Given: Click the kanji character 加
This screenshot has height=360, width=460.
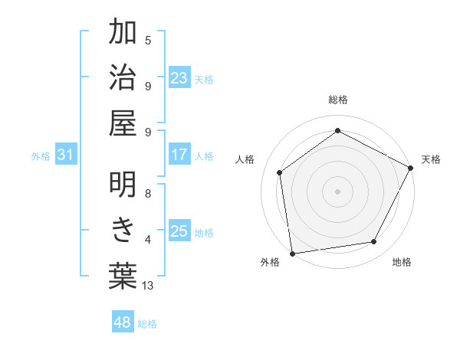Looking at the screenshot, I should point(123,33).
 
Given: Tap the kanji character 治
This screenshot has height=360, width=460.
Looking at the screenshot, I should point(123,79).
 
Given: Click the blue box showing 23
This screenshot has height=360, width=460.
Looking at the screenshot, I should point(179,78).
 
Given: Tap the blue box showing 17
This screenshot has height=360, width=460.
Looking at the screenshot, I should point(179,155).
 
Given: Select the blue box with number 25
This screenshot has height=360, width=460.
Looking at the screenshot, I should point(179,231).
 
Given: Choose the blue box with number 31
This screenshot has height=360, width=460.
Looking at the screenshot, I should point(66,155).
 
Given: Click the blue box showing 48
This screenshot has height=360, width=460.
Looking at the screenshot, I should point(123,322).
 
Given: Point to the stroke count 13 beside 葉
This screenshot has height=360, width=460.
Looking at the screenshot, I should point(148,286).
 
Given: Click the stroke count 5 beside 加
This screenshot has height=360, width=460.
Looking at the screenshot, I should point(148,40).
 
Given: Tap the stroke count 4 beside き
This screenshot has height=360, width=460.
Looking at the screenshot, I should point(148,240).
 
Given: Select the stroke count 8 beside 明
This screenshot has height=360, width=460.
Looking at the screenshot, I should point(148,194).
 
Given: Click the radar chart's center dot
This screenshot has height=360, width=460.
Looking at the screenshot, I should point(337,191).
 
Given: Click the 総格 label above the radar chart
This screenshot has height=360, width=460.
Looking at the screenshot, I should point(337,100).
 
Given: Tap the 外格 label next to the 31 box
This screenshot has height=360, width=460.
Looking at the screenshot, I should point(41,155).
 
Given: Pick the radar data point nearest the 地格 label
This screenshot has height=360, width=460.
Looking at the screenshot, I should point(374,242).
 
